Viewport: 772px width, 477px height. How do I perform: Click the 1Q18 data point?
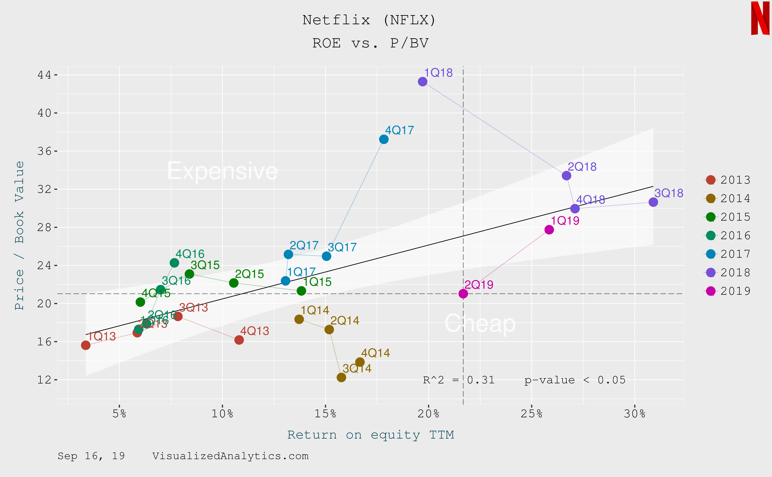click(x=422, y=82)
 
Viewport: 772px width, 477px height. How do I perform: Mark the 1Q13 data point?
click(x=86, y=345)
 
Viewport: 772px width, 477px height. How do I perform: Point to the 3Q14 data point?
click(x=341, y=377)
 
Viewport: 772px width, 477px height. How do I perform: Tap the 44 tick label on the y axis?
click(x=44, y=75)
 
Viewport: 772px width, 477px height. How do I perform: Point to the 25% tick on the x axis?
click(x=532, y=414)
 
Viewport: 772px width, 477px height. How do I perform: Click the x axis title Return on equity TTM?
click(x=370, y=435)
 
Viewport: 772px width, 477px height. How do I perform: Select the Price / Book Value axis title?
click(x=20, y=235)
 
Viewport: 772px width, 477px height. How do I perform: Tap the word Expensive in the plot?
click(x=222, y=171)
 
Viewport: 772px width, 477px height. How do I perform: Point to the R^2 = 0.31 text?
click(x=459, y=380)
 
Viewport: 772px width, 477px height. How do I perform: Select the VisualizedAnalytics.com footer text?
click(x=230, y=456)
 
